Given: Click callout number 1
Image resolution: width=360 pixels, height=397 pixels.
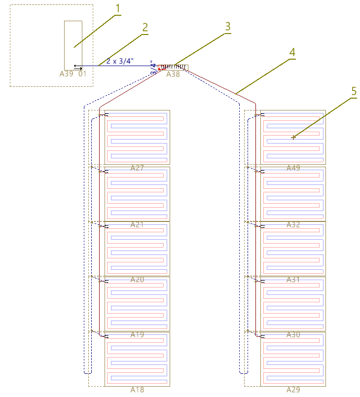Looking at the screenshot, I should click(x=117, y=8).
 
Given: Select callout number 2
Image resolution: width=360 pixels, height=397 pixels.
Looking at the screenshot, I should click(x=144, y=28).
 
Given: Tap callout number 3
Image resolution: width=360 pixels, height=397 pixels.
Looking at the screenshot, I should click(x=227, y=27).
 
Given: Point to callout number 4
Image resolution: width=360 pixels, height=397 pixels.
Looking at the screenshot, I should click(x=292, y=52).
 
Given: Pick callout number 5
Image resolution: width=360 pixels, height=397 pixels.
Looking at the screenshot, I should click(x=354, y=91).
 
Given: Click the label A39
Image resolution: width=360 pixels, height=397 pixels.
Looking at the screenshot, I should click(x=66, y=74).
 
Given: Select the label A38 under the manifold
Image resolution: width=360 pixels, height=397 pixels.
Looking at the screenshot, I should click(x=173, y=74).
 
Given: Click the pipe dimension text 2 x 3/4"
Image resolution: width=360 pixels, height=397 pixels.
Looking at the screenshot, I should click(x=120, y=61).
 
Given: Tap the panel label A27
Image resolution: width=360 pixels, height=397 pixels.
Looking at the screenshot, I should click(x=137, y=168).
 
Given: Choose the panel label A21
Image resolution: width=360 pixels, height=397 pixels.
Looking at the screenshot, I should click(x=137, y=224).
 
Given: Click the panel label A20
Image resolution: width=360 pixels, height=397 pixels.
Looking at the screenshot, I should click(x=137, y=280).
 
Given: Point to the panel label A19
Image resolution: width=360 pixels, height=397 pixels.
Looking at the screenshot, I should click(x=137, y=335).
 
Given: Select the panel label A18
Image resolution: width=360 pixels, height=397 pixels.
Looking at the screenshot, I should click(x=137, y=390).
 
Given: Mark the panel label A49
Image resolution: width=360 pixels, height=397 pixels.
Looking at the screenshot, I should click(x=293, y=168).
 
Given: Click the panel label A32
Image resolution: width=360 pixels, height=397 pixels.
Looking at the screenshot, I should click(x=293, y=224).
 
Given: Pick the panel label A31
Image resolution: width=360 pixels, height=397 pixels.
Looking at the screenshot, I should click(x=293, y=280).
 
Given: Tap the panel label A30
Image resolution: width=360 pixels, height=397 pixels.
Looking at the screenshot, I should click(x=293, y=335).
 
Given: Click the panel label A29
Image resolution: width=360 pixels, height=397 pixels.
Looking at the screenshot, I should click(x=293, y=390).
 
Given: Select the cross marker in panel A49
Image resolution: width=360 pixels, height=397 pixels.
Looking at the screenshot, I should click(x=293, y=138).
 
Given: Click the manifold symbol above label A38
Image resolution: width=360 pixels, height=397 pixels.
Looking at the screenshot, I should click(x=173, y=67).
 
